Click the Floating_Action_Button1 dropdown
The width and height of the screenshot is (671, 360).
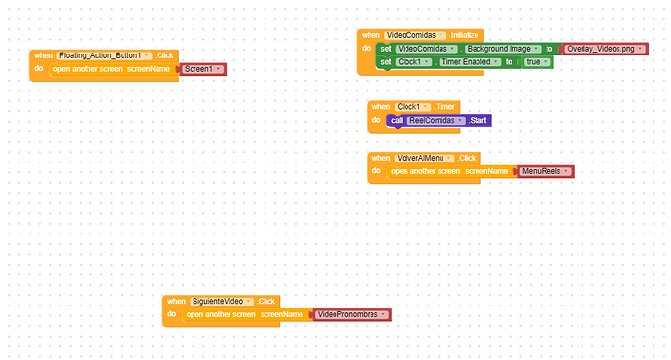coord(104,55)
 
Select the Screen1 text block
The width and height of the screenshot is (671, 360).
coord(203,69)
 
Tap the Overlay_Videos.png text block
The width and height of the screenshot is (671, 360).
coord(605,49)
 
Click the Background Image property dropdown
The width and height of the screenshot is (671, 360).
coord(503,49)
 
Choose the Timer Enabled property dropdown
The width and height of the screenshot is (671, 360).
coord(471,62)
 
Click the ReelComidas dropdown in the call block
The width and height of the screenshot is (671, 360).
coord(436,121)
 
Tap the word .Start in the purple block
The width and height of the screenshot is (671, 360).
coord(477,121)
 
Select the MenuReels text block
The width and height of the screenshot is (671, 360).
coord(546,171)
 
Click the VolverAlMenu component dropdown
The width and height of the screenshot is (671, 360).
coord(424,158)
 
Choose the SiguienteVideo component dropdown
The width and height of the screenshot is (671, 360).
coord(222,302)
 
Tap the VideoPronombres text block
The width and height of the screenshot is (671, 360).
coord(352,314)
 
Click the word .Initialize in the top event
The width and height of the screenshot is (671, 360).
coord(464,35)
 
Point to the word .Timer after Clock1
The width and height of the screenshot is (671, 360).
coord(444,107)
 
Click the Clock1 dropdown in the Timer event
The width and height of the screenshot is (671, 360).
coord(412,107)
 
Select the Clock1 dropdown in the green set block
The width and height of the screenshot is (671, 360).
coord(413,62)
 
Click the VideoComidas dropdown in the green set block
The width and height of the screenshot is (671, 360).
coord(426,49)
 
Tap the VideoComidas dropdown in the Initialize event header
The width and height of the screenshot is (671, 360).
coord(415,35)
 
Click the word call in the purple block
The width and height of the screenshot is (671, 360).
coord(397,121)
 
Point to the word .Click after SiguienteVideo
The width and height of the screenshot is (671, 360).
coord(266,302)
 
